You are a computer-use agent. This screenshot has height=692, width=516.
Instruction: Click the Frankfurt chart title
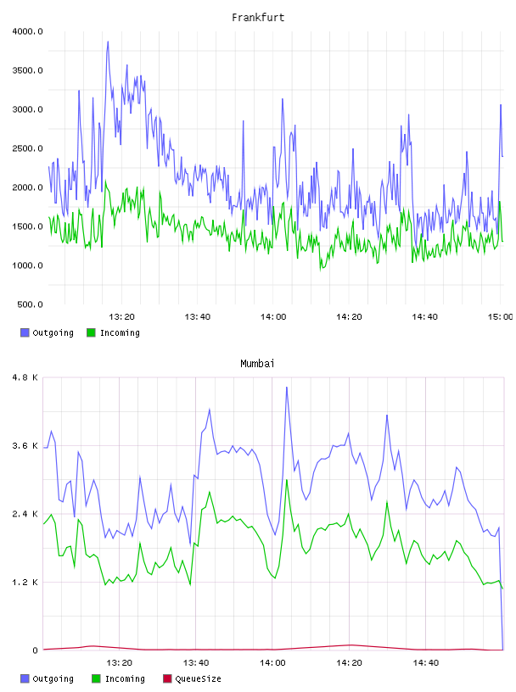(x=258, y=18)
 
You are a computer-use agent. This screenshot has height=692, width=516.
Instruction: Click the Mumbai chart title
(x=257, y=364)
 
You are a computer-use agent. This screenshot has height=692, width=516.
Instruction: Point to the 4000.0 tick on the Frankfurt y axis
(x=27, y=31)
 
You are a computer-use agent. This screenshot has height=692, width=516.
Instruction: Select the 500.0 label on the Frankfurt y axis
(x=30, y=304)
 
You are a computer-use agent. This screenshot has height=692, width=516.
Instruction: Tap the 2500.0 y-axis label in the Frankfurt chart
(x=27, y=148)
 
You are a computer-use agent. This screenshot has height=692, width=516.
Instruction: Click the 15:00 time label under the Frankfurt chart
(x=500, y=317)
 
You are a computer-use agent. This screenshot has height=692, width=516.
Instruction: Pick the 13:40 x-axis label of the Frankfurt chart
(x=198, y=317)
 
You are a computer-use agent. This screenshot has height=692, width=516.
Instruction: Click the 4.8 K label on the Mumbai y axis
(x=25, y=377)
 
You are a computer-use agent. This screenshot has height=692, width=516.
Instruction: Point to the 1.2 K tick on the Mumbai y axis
(x=25, y=583)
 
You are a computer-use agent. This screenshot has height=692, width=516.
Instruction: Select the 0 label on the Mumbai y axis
(x=36, y=650)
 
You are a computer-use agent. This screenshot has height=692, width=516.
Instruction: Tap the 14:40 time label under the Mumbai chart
(x=425, y=663)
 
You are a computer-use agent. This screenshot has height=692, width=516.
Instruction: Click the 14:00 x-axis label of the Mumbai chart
(x=272, y=663)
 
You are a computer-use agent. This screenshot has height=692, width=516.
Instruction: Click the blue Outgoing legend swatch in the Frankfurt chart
(x=25, y=332)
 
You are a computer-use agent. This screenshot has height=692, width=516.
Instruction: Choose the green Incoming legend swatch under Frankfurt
(x=91, y=332)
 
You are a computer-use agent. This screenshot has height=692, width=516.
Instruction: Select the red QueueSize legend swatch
(x=167, y=678)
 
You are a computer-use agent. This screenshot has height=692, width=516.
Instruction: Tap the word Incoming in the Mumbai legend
(x=125, y=679)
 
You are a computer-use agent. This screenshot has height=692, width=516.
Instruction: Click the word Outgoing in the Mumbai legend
(x=53, y=679)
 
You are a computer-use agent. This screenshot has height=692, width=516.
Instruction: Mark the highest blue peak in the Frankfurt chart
(x=108, y=42)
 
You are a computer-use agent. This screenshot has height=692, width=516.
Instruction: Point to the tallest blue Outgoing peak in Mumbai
(x=287, y=388)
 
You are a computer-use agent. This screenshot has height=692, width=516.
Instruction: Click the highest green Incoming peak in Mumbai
(x=287, y=480)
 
